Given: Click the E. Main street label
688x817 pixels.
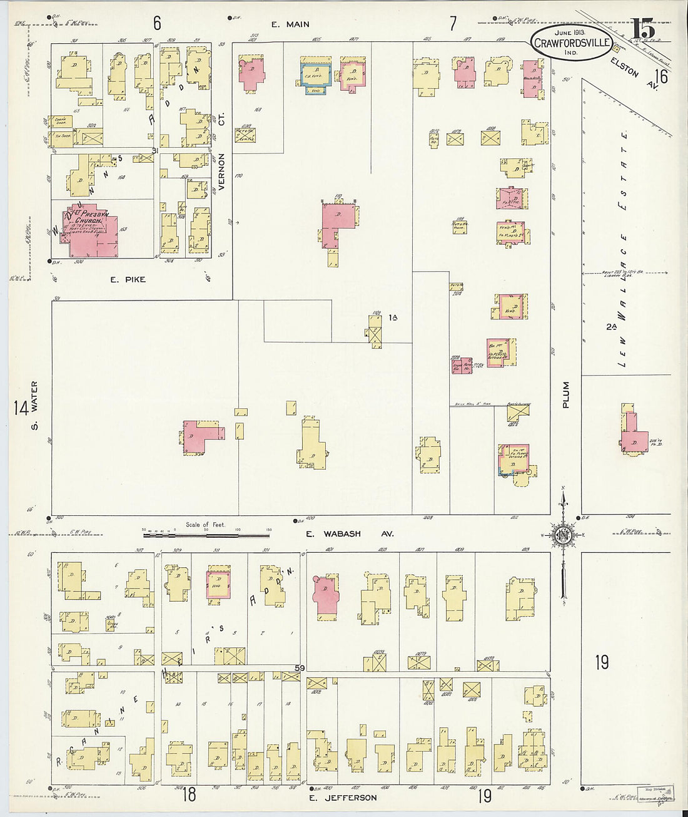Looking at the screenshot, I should [290, 24].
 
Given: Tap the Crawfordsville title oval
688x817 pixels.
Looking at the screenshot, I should [572, 42].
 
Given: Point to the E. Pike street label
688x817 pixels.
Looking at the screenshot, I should [128, 279].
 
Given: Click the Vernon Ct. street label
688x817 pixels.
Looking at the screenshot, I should [221, 172].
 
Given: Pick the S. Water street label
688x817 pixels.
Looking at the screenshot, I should [34, 405].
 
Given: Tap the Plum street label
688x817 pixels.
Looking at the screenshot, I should [565, 395].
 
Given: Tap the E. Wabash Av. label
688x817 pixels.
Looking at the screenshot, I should [350, 534].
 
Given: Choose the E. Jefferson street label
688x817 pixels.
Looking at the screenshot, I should [341, 798].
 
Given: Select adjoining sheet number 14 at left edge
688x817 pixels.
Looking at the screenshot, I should [20, 408].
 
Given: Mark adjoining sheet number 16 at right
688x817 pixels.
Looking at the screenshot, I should [661, 76].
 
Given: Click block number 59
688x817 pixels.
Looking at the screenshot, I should [300, 668].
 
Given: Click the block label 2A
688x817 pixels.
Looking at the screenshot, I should [611, 326].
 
